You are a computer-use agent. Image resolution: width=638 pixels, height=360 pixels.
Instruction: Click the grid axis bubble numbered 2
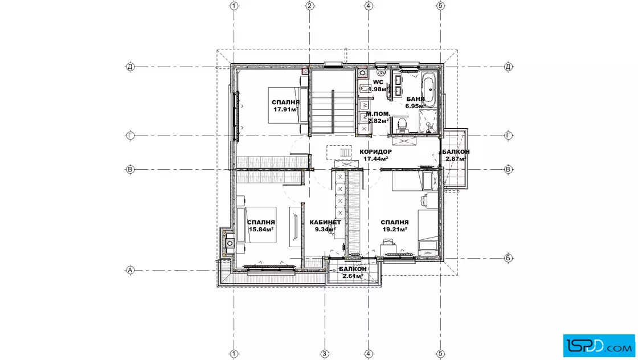coord(310,6)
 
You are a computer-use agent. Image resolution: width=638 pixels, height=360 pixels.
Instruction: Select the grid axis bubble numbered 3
coord(324,354)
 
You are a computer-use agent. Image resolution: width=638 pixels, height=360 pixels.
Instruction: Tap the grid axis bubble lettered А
coord(130,269)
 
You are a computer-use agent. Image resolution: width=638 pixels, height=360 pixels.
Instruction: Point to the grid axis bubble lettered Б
coord(508,258)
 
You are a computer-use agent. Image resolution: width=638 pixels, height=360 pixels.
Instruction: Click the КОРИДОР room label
coord(375,152)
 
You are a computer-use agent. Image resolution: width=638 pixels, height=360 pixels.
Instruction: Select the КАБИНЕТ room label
coord(325,222)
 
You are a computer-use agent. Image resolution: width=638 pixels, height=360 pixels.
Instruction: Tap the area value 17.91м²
coord(285,109)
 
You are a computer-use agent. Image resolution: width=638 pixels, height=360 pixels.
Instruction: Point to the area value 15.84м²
coord(261,229)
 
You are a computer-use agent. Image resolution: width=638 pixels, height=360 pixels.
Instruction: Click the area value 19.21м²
coord(395,229)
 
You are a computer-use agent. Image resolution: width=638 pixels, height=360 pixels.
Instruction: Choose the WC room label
coord(378,82)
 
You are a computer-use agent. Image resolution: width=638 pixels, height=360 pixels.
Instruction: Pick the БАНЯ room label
coord(415,99)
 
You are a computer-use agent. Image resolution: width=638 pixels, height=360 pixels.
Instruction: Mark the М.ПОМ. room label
coord(378,114)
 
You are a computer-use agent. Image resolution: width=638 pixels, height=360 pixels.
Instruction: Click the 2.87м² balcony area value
coord(456,159)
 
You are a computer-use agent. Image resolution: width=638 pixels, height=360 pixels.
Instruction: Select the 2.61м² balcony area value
coord(353,276)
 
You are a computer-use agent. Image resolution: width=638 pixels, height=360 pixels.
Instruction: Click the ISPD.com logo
coord(599,346)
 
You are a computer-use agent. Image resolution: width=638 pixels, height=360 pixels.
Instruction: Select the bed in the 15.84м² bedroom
coord(257,225)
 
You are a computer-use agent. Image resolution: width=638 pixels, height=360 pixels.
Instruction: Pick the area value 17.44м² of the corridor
coord(375,159)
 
